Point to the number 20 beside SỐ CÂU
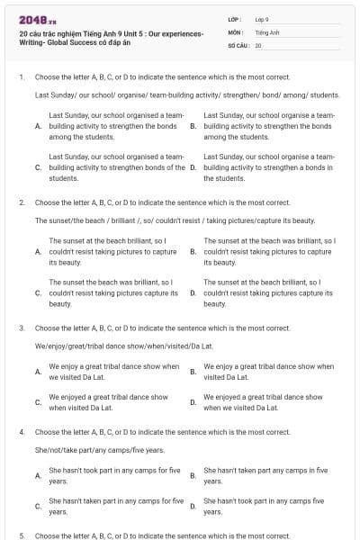coord(258,44)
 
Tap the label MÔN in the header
coord(234,31)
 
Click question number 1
coord(21,77)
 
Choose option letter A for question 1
coord(38,127)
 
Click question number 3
coord(21,328)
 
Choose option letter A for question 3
coord(38,372)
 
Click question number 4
coord(21,433)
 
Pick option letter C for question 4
coord(38,506)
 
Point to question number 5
coord(21,535)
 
